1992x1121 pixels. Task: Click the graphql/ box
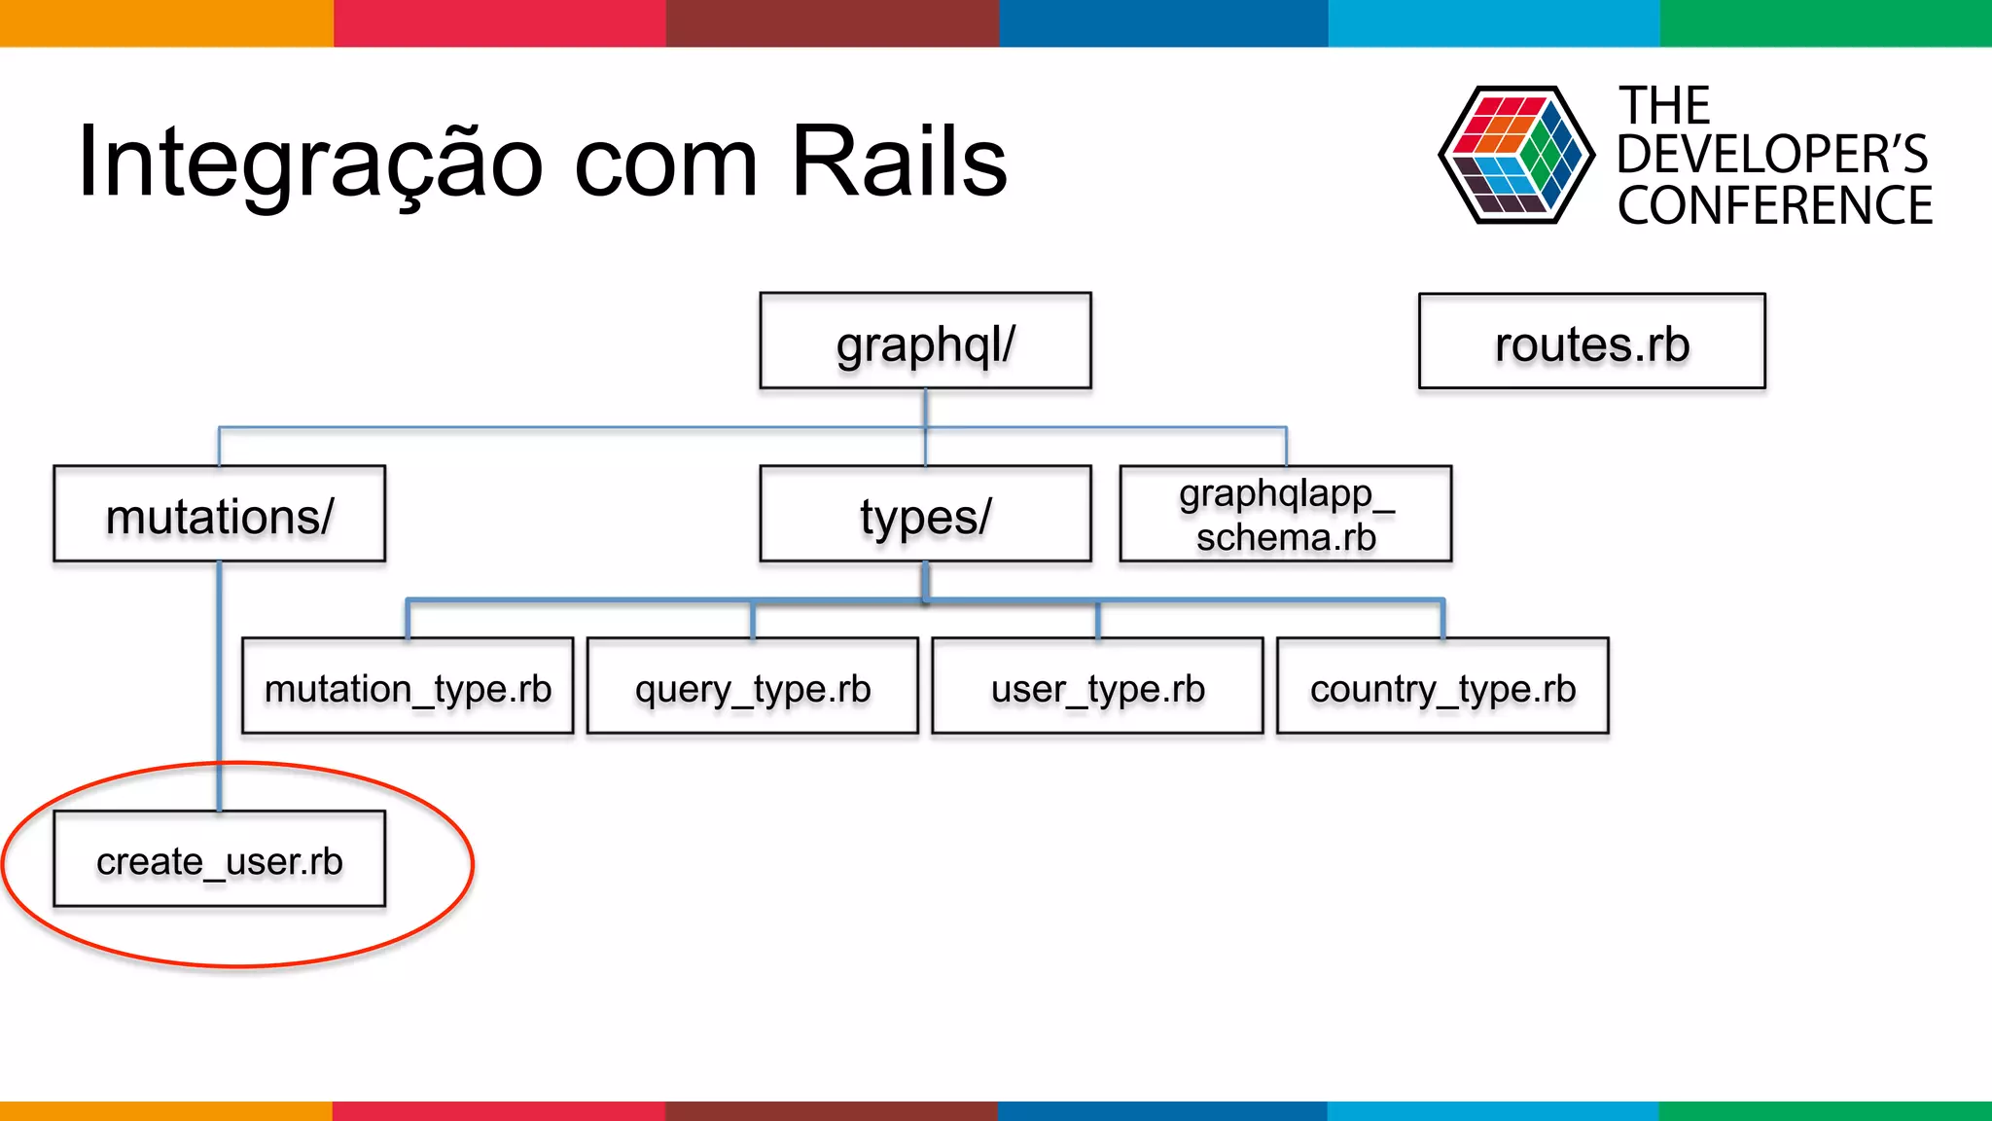click(925, 342)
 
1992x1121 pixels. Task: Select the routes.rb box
click(1591, 342)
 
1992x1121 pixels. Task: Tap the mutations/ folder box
click(220, 515)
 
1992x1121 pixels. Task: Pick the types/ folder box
click(925, 515)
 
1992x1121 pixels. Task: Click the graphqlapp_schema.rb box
click(1285, 515)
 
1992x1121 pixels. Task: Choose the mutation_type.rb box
click(408, 687)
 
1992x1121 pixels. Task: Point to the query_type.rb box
click(753, 687)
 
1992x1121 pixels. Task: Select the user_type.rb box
click(1097, 687)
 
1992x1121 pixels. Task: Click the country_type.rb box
click(1442, 687)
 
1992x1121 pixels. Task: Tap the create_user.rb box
click(220, 860)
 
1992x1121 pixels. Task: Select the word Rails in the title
click(899, 162)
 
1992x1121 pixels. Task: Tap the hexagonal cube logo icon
click(1515, 156)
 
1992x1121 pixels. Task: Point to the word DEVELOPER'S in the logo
click(1772, 155)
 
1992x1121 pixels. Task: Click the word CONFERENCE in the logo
click(1774, 206)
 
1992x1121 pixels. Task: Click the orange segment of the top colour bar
click(165, 22)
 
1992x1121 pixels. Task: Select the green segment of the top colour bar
click(1825, 22)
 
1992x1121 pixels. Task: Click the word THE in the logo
click(1664, 105)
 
